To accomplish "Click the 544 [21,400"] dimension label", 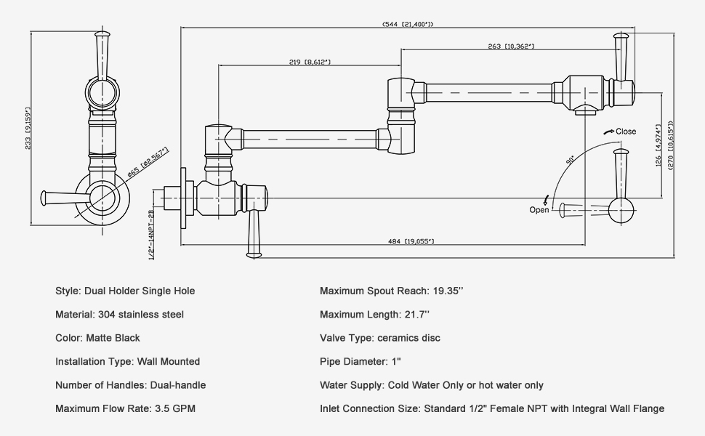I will tap(408, 24).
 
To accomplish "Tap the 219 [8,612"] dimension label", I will tap(310, 62).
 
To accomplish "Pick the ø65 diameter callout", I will tap(148, 163).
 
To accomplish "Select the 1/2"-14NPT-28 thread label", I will tap(152, 235).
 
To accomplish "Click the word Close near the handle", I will tap(625, 132).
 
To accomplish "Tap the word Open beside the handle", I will tap(539, 210).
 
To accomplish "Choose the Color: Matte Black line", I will tap(97, 338).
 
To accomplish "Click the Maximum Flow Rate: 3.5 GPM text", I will tap(125, 409).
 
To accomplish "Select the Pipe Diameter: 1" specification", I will tap(360, 361).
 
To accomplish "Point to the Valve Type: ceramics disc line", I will tap(379, 338).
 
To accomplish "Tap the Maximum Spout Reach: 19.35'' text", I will tap(391, 291).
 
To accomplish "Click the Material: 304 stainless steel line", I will tap(119, 315).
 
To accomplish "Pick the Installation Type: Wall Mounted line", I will tap(127, 361).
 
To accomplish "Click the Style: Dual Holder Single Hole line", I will tap(125, 291).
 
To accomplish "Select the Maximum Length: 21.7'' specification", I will tap(374, 315).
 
